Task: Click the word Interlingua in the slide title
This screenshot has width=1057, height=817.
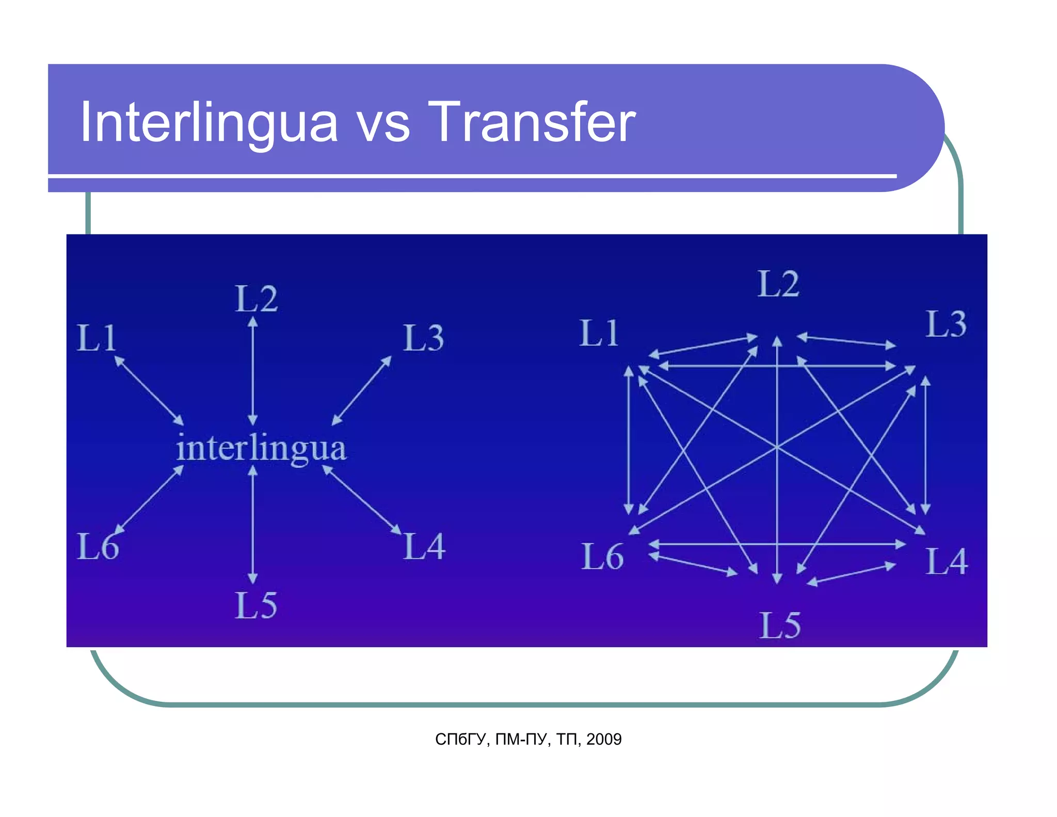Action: tap(209, 122)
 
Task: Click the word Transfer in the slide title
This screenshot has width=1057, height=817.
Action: tap(531, 122)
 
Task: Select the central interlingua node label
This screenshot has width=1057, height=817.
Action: tap(261, 448)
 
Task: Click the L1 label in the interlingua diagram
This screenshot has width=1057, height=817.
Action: tap(97, 338)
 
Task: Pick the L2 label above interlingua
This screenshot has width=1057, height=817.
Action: tap(256, 299)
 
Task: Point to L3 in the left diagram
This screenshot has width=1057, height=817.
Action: tap(423, 338)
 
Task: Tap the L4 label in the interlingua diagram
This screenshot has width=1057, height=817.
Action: tap(424, 546)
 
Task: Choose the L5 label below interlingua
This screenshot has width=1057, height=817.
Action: tap(256, 605)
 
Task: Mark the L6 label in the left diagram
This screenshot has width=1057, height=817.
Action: tap(98, 546)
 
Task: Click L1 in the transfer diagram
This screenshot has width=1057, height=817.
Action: tap(599, 333)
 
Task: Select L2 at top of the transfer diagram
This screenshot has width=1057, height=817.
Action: tap(778, 284)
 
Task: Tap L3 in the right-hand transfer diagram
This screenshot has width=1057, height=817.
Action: tap(946, 324)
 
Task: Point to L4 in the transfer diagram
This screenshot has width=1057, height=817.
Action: tap(947, 561)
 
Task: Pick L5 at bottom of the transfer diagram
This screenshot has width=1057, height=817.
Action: tap(780, 626)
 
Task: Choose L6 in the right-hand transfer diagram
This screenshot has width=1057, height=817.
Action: tap(602, 557)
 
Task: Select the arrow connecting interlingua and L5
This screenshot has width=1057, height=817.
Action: tap(253, 524)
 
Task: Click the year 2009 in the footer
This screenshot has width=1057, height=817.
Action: tap(604, 740)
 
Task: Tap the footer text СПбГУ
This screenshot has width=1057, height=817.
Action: tap(460, 740)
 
